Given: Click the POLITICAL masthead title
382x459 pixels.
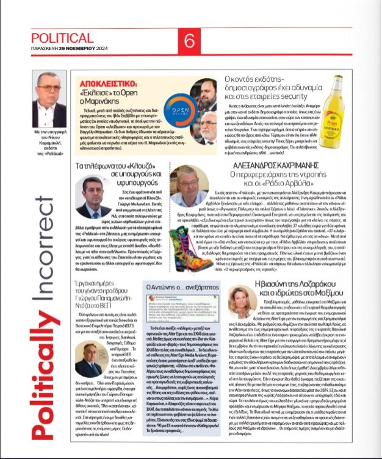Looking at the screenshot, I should tap(62, 38).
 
